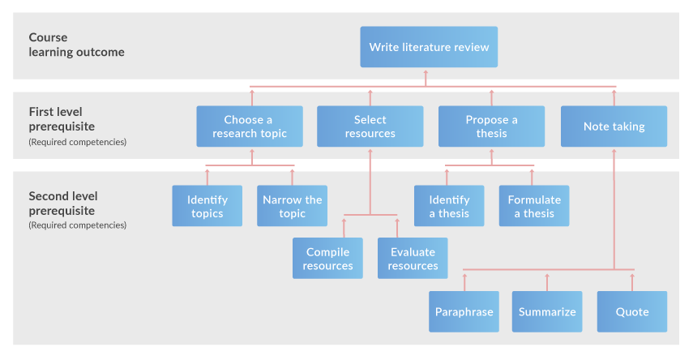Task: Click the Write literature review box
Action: click(429, 47)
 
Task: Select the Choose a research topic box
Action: click(250, 126)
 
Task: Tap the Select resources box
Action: click(370, 126)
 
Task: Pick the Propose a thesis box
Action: click(491, 126)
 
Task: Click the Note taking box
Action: click(614, 126)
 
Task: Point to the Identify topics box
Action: click(207, 206)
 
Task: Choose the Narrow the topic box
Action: click(292, 206)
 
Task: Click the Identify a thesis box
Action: click(449, 206)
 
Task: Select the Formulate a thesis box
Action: click(534, 206)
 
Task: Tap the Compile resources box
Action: click(327, 259)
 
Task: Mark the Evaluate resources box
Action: click(413, 259)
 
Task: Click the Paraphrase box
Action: click(464, 311)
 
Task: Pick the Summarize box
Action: click(547, 311)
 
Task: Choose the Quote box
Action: click(632, 311)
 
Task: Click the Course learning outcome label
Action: click(76, 45)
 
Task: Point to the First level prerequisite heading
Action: click(62, 119)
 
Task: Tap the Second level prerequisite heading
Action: click(63, 203)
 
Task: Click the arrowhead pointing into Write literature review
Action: click(426, 72)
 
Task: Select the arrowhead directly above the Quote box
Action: click(632, 276)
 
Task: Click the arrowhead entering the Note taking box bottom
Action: click(614, 152)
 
